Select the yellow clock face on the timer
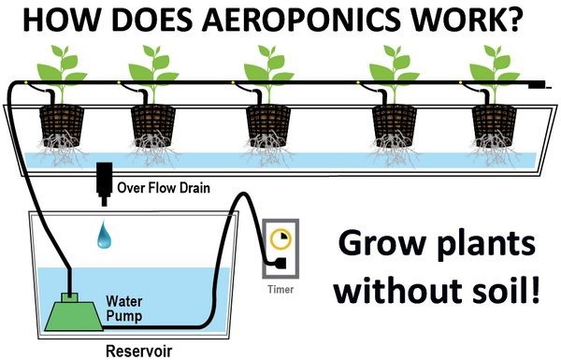[278, 239]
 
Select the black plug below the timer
[279, 268]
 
